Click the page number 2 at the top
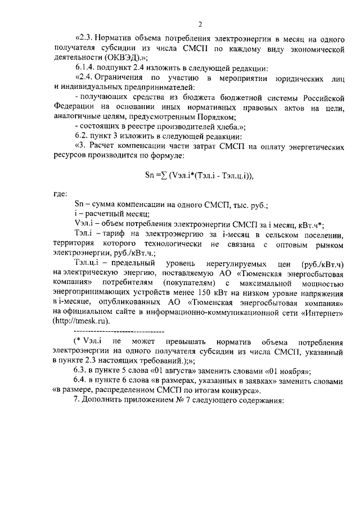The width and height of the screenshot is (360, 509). point(200,24)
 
